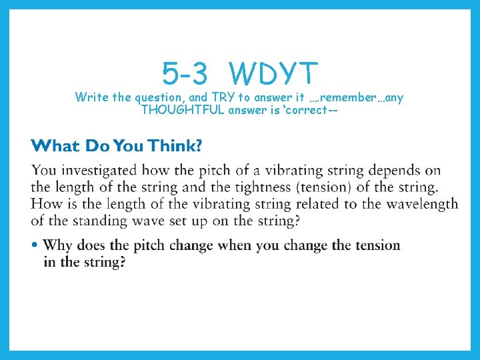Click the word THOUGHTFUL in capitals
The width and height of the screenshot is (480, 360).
tap(183, 110)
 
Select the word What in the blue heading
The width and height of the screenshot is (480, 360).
tap(55, 146)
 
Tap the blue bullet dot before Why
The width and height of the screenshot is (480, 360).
tap(35, 245)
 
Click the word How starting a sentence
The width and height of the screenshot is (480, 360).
tap(46, 203)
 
